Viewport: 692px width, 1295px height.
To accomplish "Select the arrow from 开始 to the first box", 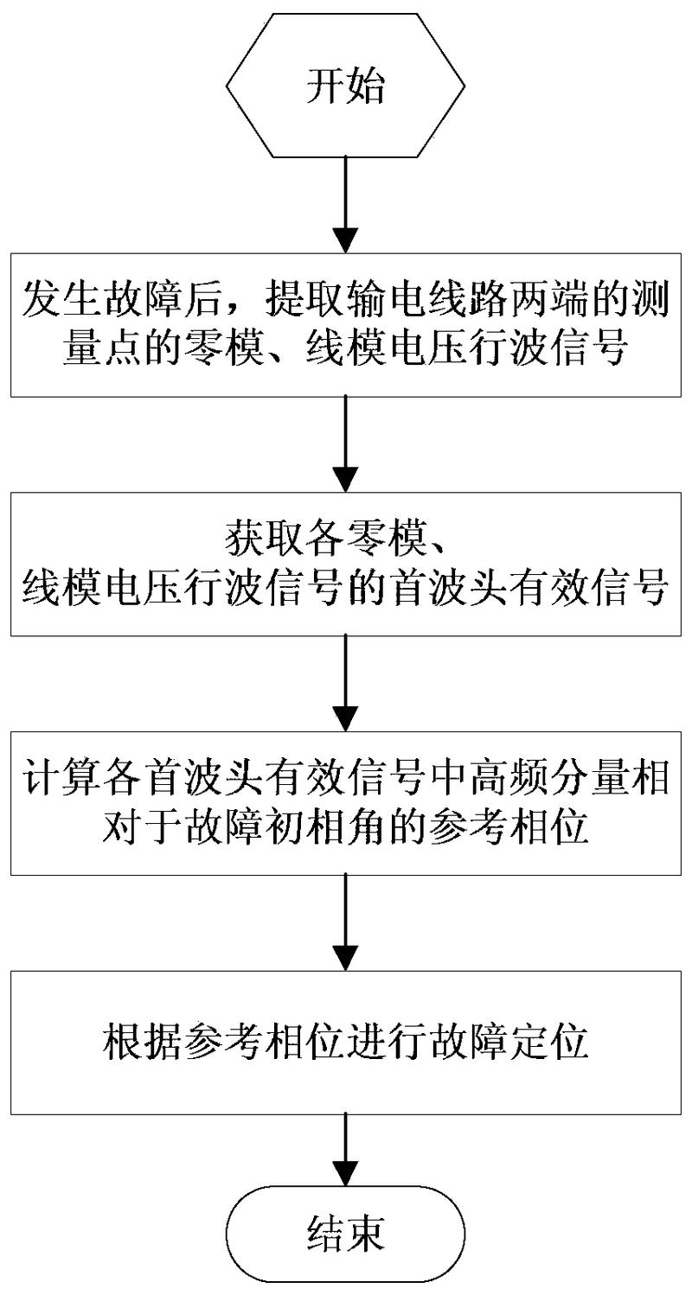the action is (x=345, y=205).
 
